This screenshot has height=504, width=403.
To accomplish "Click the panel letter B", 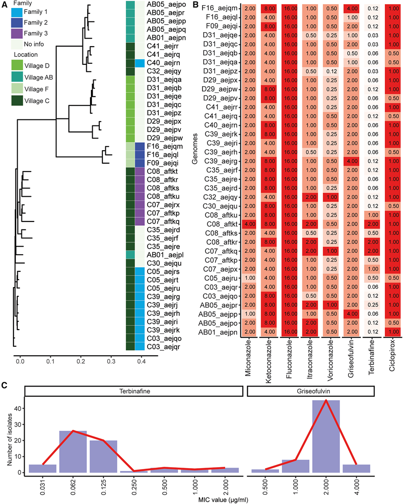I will tap(196, 5).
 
